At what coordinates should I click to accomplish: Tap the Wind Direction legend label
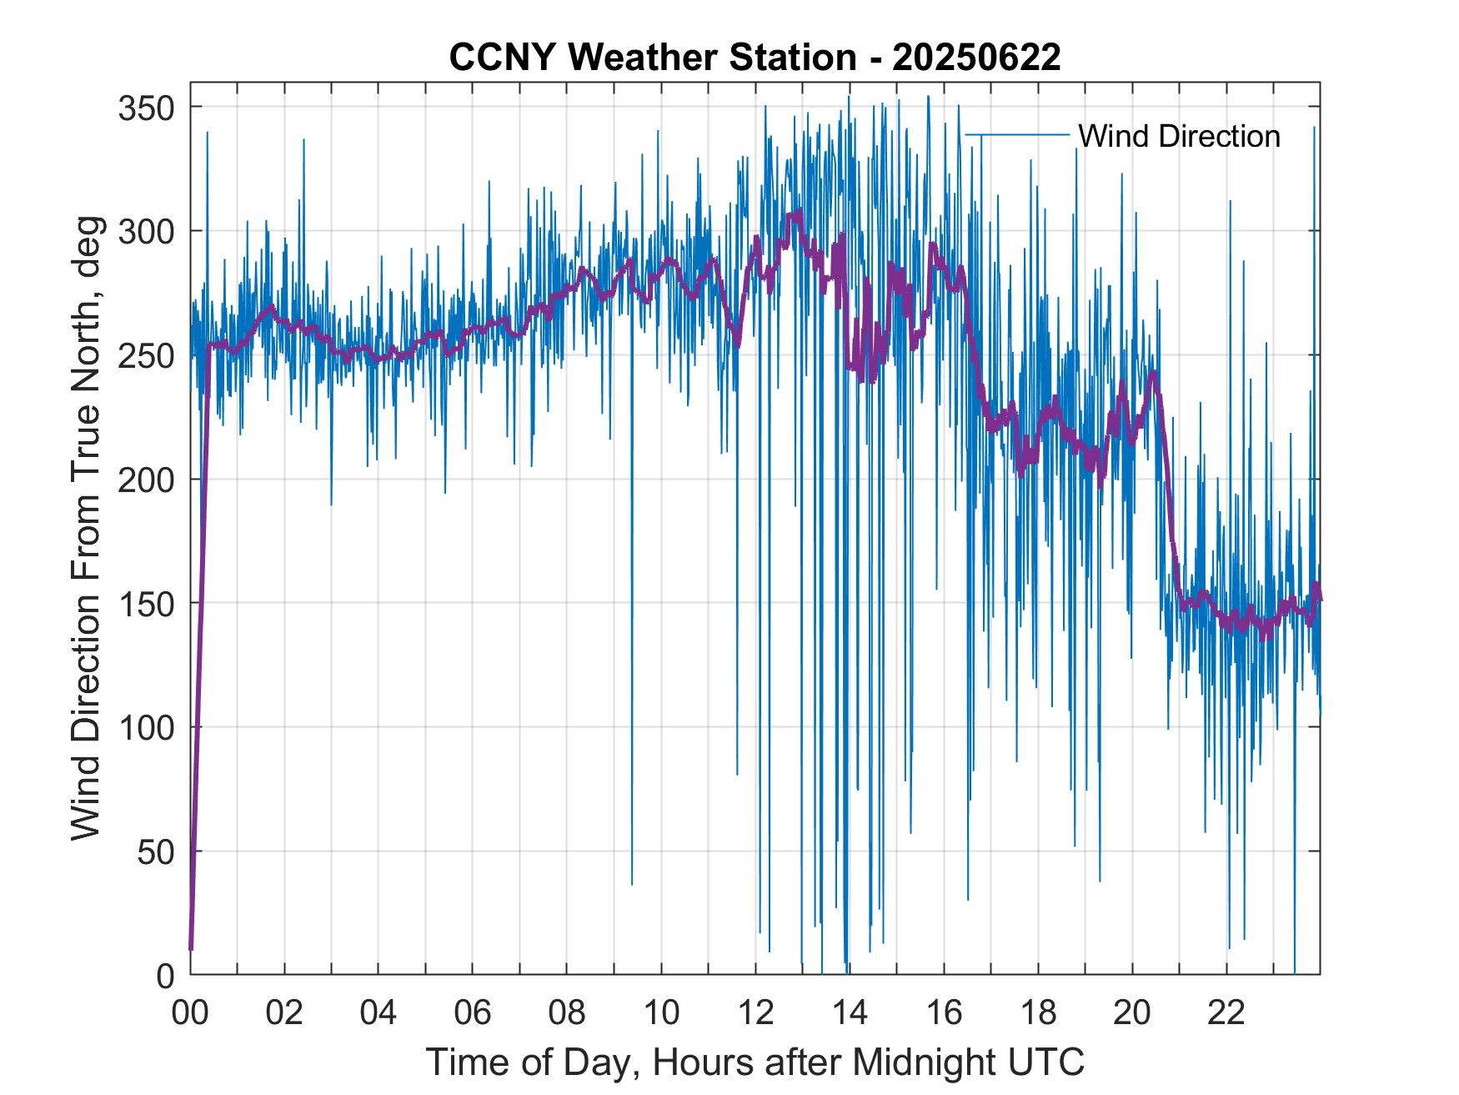1179,136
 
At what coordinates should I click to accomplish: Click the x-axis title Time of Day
755,1062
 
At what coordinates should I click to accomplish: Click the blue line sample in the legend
1016,135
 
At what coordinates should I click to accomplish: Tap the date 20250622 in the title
976,57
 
